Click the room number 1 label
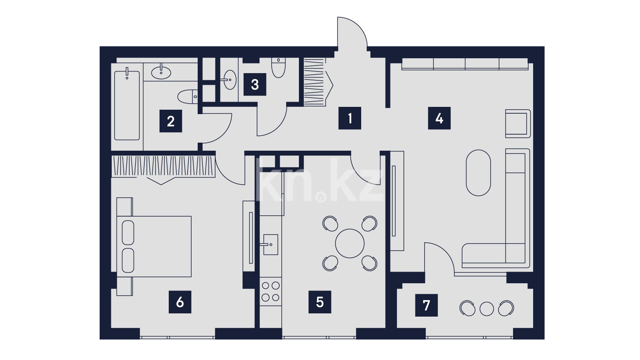pyautogui.click(x=350, y=118)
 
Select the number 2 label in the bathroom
pyautogui.click(x=171, y=121)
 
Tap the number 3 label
pyautogui.click(x=255, y=84)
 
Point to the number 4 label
pyautogui.click(x=439, y=118)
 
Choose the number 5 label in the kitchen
pyautogui.click(x=320, y=302)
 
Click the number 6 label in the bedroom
pyautogui.click(x=180, y=302)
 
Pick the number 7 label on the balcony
pyautogui.click(x=426, y=305)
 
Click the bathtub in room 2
pyautogui.click(x=127, y=105)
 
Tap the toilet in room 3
pyautogui.click(x=278, y=68)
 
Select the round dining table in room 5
pyautogui.click(x=350, y=243)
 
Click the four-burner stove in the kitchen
pyautogui.click(x=270, y=291)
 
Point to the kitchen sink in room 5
pyautogui.click(x=270, y=245)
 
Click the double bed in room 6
pyautogui.click(x=154, y=246)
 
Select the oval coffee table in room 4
pyautogui.click(x=478, y=173)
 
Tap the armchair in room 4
pyautogui.click(x=518, y=123)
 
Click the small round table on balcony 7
pyautogui.click(x=487, y=309)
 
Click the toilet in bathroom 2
pyautogui.click(x=188, y=96)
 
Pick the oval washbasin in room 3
pyautogui.click(x=230, y=80)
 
